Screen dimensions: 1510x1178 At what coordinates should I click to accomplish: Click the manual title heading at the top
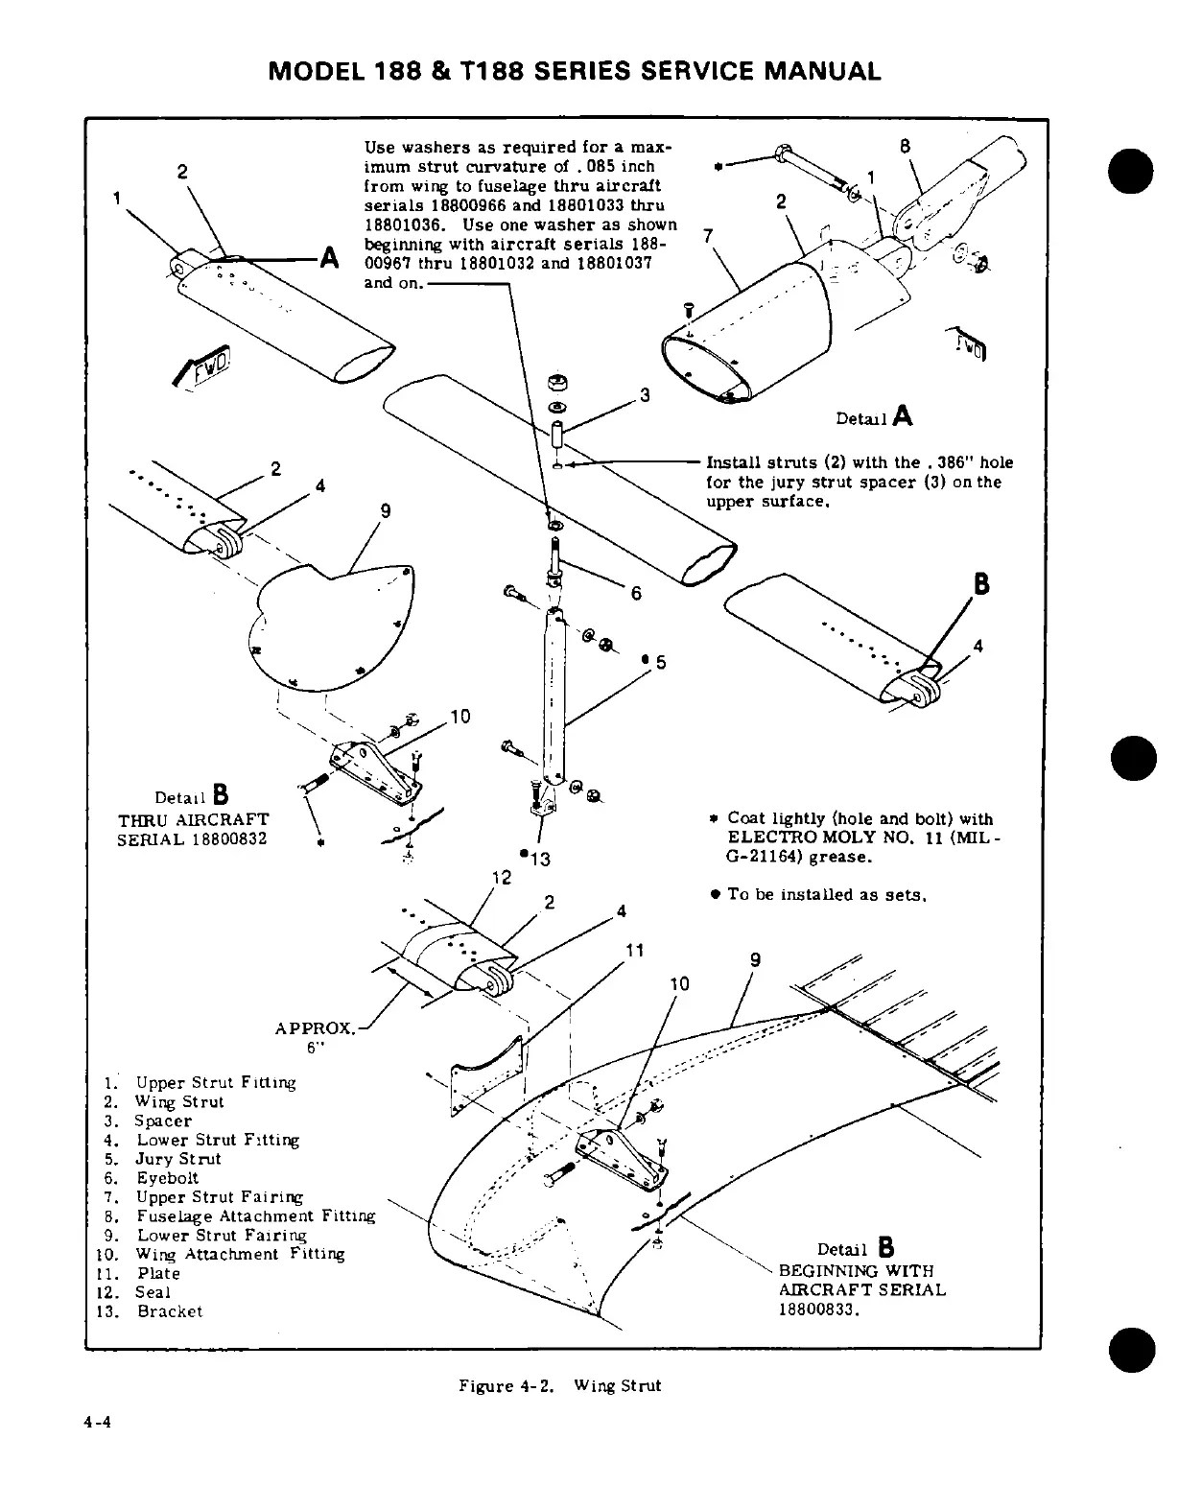pos(575,71)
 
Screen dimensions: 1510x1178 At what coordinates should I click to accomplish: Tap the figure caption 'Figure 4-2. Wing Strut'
pos(559,1385)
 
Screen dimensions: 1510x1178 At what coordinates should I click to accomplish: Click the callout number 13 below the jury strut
pos(539,860)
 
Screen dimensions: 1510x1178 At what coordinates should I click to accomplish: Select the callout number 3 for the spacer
pos(645,394)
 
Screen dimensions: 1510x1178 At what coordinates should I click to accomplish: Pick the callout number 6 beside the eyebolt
pos(635,593)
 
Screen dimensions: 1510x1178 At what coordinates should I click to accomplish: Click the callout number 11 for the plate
pos(633,951)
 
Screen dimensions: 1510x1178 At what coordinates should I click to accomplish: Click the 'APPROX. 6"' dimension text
pos(314,1037)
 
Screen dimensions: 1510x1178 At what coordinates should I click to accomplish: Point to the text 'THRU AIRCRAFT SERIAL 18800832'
pos(193,829)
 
